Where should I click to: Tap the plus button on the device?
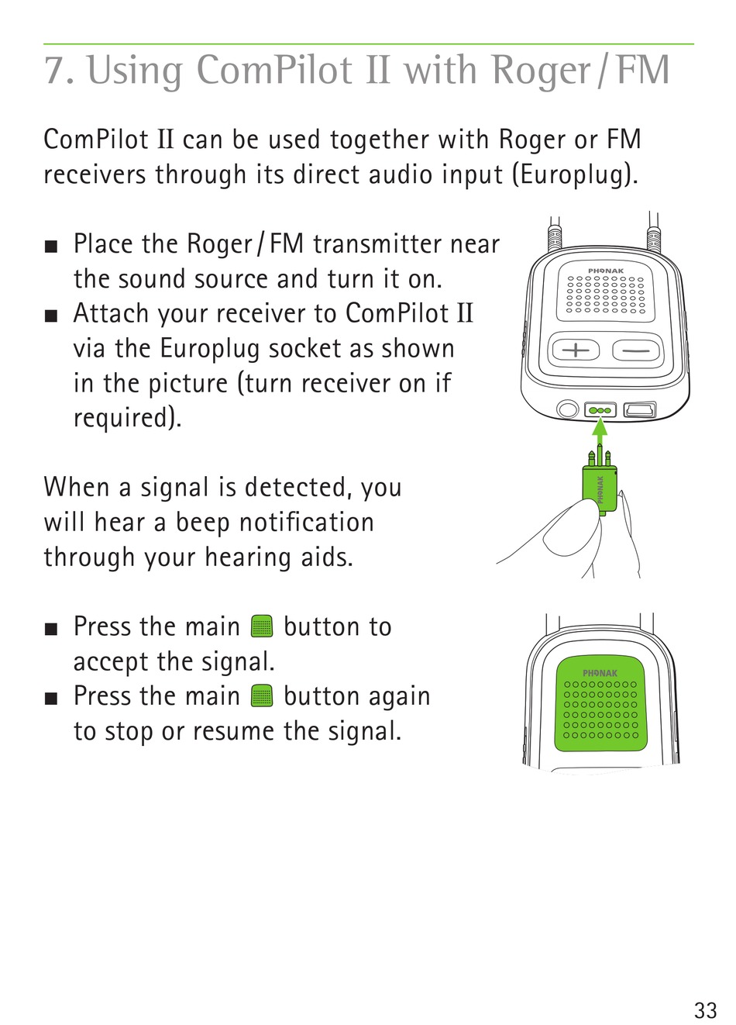(576, 350)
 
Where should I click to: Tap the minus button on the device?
(636, 350)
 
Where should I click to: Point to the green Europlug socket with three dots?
(600, 410)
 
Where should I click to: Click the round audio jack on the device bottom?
(568, 409)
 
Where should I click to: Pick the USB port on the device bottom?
(640, 409)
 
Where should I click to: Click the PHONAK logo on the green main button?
(600, 673)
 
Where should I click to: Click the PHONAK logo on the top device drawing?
(606, 271)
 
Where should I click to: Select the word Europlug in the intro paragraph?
(572, 174)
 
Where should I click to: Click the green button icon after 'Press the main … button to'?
(262, 626)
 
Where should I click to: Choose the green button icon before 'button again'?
(262, 696)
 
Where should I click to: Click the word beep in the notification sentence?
(202, 523)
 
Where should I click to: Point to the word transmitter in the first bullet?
(377, 244)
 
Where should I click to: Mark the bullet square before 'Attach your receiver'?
(51, 316)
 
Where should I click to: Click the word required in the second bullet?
(128, 418)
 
